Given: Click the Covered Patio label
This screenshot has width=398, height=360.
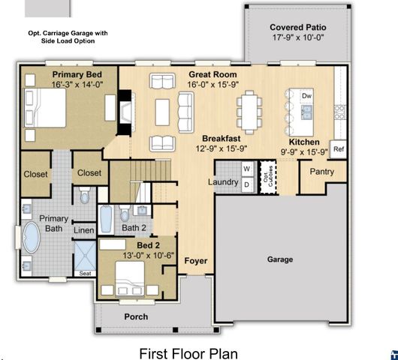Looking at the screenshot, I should click(298, 28).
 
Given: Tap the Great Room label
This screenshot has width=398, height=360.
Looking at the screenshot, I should click(213, 75).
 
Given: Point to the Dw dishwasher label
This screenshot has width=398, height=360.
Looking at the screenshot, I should click(306, 97).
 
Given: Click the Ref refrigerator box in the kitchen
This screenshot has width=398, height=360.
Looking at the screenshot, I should click(339, 149).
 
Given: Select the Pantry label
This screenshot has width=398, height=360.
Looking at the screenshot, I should click(322, 172).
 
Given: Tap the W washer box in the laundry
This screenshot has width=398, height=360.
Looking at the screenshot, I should click(246, 169).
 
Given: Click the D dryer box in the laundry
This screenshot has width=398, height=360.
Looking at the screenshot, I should click(246, 183).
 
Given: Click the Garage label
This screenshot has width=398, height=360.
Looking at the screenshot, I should click(280, 259).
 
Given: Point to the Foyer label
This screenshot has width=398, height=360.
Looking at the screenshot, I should click(196, 261).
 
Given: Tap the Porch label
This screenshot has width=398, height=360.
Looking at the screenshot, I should click(136, 316).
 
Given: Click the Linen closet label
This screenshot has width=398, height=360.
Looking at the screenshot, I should click(84, 230).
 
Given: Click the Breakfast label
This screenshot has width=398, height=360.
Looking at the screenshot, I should click(220, 139).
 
